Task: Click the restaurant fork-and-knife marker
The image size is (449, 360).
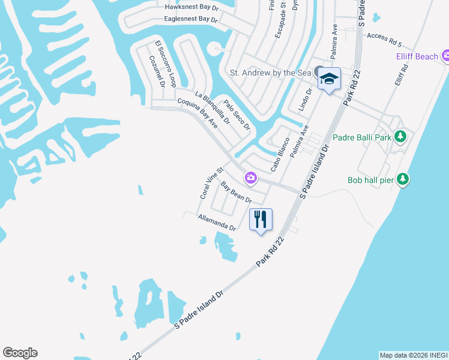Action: tap(261, 219)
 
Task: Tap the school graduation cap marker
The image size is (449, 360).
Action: tap(329, 79)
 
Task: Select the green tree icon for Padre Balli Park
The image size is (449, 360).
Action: tap(400, 137)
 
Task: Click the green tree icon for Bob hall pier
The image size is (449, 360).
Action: tap(404, 179)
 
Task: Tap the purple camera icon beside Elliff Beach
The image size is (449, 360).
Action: tap(445, 56)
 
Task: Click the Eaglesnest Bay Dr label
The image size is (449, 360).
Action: tap(191, 19)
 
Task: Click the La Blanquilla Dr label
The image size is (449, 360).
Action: tap(212, 107)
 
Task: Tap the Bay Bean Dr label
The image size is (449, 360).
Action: tap(236, 192)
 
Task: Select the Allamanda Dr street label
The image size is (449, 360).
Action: tap(217, 223)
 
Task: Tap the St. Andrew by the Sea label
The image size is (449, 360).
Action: tap(271, 73)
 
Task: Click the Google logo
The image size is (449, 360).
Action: tap(20, 353)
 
